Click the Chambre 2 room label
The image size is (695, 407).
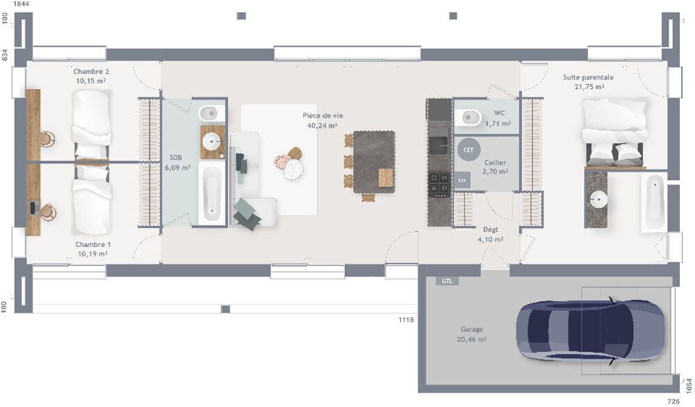[x=91, y=72]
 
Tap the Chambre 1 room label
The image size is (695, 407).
[x=92, y=244]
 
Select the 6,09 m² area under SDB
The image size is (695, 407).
[x=177, y=168]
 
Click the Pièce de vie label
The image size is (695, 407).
[x=322, y=115]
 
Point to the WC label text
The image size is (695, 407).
[x=499, y=113]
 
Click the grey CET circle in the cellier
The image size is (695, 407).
[x=468, y=149]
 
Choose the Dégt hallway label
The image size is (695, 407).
[x=490, y=229]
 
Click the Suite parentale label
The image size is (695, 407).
[x=588, y=77]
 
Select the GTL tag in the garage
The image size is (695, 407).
[x=445, y=282]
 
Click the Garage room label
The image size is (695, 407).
[x=471, y=330]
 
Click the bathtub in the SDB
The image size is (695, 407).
[x=211, y=193]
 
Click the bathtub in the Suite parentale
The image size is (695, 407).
[x=653, y=202]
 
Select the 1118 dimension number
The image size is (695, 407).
[x=406, y=320]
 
